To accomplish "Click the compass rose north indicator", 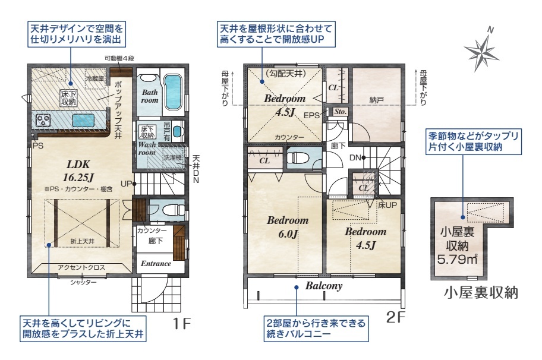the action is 481,50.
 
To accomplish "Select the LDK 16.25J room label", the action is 78,171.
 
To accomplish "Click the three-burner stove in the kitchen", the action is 43,121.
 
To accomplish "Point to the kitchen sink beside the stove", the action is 83,121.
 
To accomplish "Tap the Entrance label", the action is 156,264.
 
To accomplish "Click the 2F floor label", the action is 395,317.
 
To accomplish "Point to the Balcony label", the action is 324,286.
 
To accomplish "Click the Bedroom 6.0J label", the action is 288,227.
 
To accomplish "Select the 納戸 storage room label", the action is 376,100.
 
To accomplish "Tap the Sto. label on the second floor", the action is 340,112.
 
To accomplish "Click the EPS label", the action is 311,115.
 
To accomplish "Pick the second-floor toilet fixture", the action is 298,157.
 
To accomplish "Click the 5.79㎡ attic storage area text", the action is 458,259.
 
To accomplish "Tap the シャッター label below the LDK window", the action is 83,282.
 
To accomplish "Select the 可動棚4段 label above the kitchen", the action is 119,58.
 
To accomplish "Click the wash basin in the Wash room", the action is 177,131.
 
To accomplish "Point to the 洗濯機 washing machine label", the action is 172,157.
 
